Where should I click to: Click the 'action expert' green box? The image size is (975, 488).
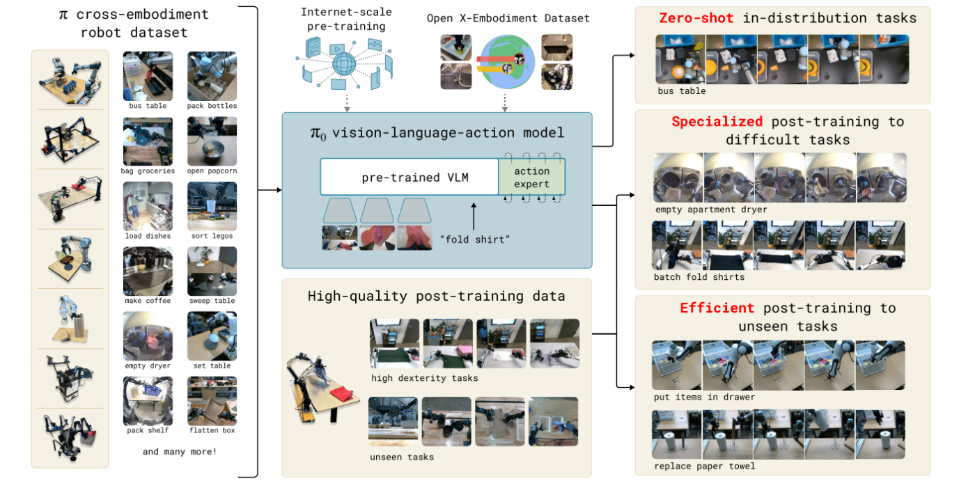click(x=531, y=177)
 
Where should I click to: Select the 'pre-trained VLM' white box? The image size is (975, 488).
click(x=409, y=177)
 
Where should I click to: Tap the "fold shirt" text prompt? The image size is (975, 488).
click(x=474, y=239)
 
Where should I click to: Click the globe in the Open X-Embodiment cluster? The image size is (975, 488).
click(x=507, y=62)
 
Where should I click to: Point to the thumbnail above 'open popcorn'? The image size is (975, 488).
click(x=212, y=141)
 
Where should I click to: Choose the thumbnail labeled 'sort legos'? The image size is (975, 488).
click(x=212, y=206)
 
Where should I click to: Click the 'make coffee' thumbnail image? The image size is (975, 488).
click(x=148, y=271)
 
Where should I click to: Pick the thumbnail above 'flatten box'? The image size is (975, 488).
click(x=212, y=401)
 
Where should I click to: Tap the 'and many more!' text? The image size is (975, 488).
click(x=180, y=452)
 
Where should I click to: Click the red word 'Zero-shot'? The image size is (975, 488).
click(x=696, y=18)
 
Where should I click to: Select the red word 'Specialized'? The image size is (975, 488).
click(x=717, y=121)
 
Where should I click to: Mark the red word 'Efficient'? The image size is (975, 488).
click(x=717, y=308)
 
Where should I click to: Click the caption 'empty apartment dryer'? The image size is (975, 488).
click(x=711, y=210)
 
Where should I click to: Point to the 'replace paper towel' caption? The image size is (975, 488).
click(x=705, y=466)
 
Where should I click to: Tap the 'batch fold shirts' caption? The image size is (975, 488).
click(x=699, y=277)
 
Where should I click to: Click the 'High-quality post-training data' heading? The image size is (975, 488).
click(x=436, y=296)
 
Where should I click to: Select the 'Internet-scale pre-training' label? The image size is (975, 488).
click(x=347, y=19)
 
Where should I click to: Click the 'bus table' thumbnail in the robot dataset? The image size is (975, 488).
click(x=148, y=76)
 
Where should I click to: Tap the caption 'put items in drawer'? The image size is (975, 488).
click(x=704, y=397)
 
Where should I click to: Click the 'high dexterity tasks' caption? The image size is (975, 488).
click(x=424, y=379)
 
